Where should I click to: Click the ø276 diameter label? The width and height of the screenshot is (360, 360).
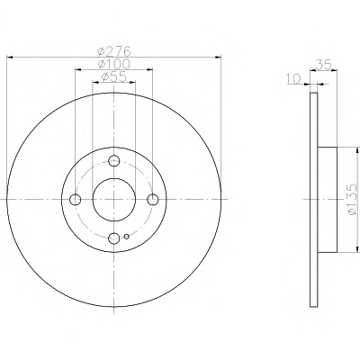click(114, 51)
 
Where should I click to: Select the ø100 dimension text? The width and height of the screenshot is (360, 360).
click(114, 64)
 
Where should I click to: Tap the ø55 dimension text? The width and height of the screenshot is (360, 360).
click(113, 77)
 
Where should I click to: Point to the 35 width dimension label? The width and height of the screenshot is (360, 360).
click(324, 65)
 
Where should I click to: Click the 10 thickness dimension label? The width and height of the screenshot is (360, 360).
click(293, 78)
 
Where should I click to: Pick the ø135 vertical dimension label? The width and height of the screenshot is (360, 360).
click(352, 199)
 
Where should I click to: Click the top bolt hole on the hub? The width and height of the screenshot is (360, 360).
click(114, 160)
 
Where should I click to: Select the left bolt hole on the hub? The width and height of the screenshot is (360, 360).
click(75, 199)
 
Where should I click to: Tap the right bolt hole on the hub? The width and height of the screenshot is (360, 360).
click(153, 199)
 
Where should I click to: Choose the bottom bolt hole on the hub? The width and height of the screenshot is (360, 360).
click(114, 238)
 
